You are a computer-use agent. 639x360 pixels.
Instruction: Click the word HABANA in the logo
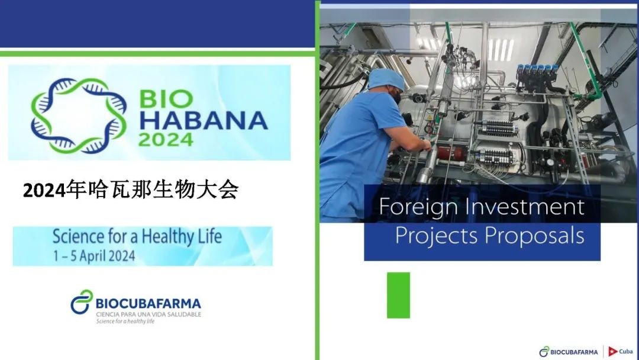(204, 120)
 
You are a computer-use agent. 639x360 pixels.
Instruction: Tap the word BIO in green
(166, 99)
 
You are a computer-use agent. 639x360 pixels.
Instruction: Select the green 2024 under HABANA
(166, 140)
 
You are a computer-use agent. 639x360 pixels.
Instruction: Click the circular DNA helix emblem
(78, 115)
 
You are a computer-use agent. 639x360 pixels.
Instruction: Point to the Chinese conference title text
(131, 189)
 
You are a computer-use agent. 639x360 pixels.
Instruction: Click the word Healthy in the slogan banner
(167, 237)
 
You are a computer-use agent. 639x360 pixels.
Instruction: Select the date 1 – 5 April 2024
(94, 256)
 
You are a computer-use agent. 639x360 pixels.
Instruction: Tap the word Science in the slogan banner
(78, 236)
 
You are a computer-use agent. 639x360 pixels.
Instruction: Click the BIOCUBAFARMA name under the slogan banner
(149, 304)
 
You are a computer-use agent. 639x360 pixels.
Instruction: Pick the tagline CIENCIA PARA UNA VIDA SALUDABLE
(149, 314)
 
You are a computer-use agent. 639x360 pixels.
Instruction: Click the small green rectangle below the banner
(398, 295)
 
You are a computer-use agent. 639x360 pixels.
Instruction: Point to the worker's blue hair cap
(386, 79)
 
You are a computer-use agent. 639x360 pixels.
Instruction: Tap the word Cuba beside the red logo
(626, 351)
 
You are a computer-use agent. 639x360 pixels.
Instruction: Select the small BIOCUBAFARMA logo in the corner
(569, 352)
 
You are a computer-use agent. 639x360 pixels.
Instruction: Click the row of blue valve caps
(537, 69)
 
